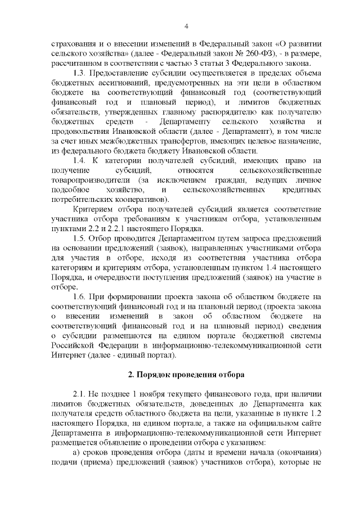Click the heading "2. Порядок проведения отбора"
(185, 374)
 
